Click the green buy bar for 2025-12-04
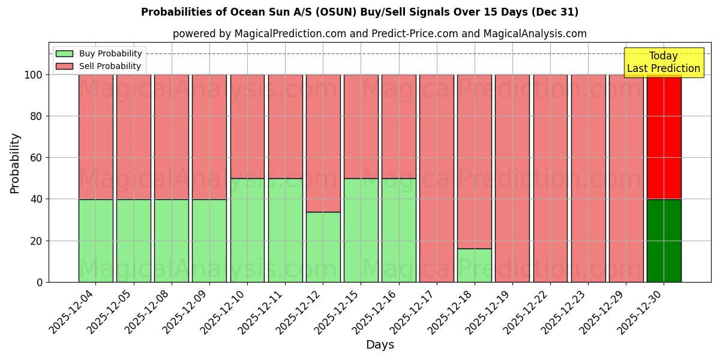(x=95, y=241)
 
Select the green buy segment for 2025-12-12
(x=323, y=247)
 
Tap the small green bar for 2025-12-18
(x=475, y=265)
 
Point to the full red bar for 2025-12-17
(x=437, y=178)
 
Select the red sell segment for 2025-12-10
(x=247, y=127)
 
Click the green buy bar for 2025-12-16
(x=399, y=230)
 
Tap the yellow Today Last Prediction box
(x=664, y=62)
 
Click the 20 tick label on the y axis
(x=37, y=241)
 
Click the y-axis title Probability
(x=15, y=163)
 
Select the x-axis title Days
(x=380, y=345)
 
